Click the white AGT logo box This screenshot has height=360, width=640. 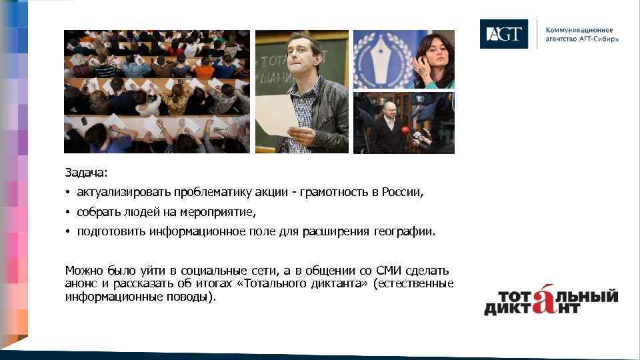pos(503,34)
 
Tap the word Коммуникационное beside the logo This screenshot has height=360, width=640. pos(579,30)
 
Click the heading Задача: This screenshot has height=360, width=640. pos(86,173)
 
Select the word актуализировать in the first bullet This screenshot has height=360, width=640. pos(124,193)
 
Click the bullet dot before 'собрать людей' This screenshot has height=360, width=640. pos(68,212)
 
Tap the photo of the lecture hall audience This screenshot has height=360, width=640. pos(157,91)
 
